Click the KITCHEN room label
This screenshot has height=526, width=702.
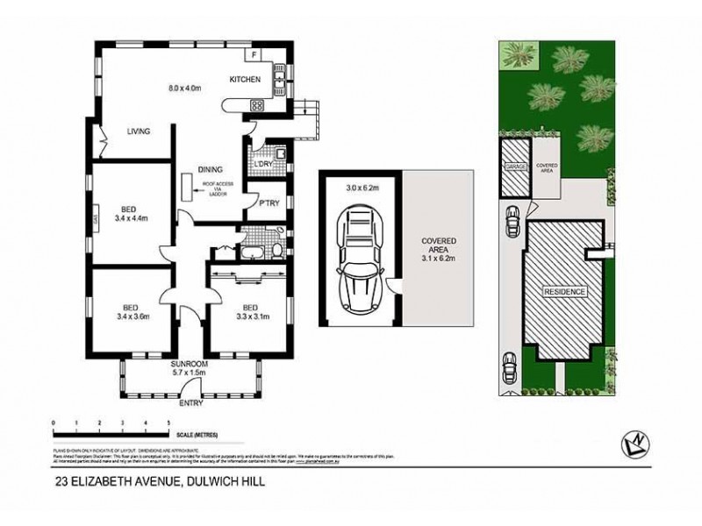pyautogui.click(x=246, y=80)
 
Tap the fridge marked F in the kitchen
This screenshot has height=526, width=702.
pyautogui.click(x=254, y=55)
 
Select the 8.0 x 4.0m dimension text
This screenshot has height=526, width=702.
pyautogui.click(x=185, y=87)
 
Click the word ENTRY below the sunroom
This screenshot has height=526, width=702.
pyautogui.click(x=190, y=403)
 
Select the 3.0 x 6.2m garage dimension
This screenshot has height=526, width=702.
pyautogui.click(x=362, y=188)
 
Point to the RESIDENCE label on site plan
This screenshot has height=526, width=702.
pyautogui.click(x=563, y=290)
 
